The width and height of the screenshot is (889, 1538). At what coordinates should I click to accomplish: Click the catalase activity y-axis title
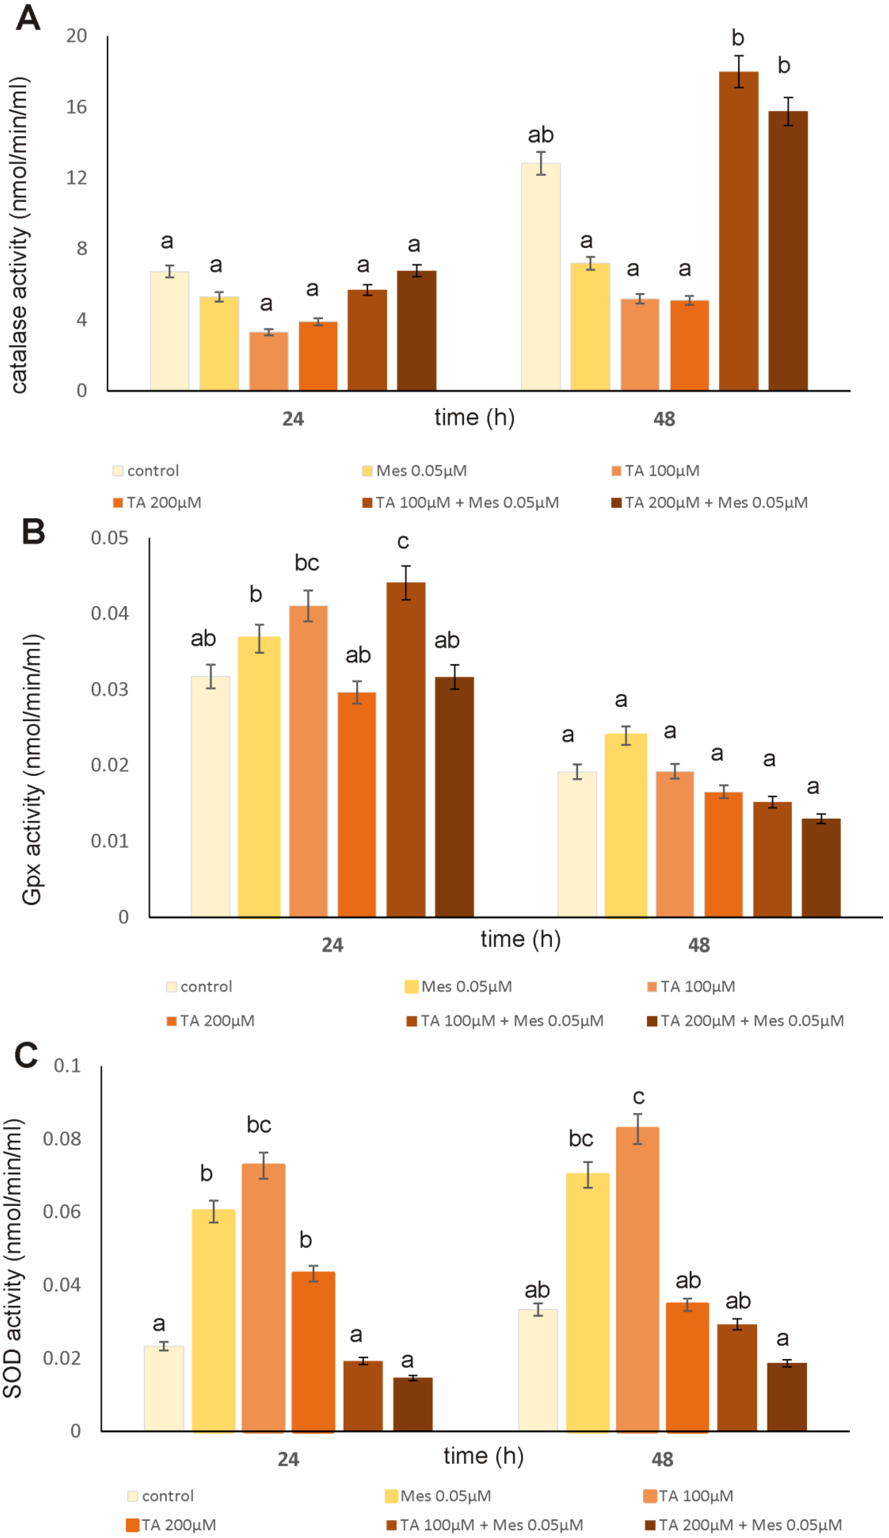tap(19, 235)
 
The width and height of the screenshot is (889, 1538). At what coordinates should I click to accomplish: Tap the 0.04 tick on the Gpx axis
tap(110, 613)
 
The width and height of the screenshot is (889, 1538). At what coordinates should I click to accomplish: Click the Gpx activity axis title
tap(32, 769)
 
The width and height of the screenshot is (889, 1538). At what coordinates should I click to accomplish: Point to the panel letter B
tap(34, 531)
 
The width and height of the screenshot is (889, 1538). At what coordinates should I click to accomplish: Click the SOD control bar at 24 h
tap(164, 1388)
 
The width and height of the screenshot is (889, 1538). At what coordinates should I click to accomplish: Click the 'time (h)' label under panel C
tap(483, 1456)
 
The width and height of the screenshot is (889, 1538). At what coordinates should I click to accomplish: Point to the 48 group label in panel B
tap(698, 945)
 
